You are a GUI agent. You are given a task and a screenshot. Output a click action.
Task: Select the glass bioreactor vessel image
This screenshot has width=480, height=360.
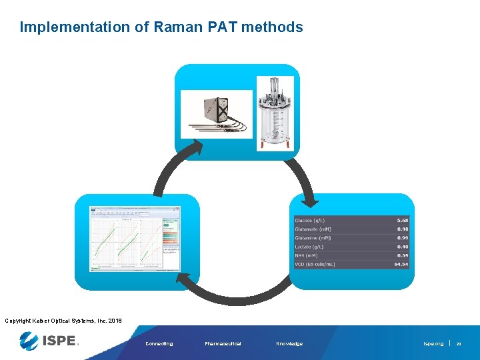[x=275, y=113]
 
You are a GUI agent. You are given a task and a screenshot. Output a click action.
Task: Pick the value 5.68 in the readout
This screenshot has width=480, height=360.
[x=402, y=221]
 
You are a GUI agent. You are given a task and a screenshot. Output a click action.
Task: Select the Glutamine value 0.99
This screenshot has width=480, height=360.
[x=402, y=238]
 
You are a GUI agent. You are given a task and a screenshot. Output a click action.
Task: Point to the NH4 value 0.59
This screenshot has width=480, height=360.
[x=402, y=255]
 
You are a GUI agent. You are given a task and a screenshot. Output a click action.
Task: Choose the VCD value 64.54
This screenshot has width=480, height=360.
[x=401, y=264]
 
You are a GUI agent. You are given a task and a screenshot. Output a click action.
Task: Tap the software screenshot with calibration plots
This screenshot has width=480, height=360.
[x=135, y=238]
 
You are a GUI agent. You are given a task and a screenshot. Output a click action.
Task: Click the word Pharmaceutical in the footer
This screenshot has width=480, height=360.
[x=223, y=344]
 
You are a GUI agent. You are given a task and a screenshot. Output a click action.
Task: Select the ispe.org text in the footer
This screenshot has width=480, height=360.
[x=433, y=344]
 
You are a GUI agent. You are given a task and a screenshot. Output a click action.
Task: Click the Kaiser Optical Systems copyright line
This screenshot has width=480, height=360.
[x=63, y=321]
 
